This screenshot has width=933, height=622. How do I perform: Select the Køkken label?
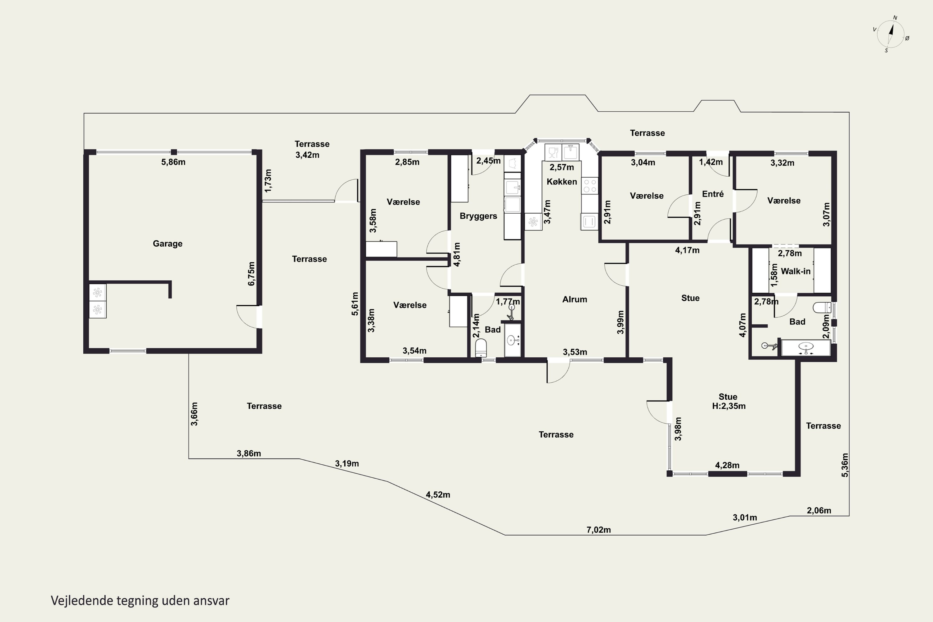[x=562, y=182]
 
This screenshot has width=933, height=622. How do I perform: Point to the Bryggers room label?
[x=478, y=216]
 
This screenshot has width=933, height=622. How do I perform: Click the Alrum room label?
[x=575, y=299]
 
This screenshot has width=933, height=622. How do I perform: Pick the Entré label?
[x=713, y=194]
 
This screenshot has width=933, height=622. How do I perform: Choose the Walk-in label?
[x=796, y=271]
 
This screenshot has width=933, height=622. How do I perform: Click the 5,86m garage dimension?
[x=173, y=162]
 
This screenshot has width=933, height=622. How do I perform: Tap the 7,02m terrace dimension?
[x=599, y=530]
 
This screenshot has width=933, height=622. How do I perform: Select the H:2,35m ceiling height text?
[x=729, y=406]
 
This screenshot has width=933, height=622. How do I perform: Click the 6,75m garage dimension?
[x=252, y=273]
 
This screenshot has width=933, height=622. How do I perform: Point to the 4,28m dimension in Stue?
[x=727, y=465]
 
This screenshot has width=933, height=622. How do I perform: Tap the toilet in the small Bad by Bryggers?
[x=481, y=348]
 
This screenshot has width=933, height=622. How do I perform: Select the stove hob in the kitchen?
[x=589, y=185]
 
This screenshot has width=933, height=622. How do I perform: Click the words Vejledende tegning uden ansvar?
[x=140, y=601]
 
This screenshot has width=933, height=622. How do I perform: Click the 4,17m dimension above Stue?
[x=687, y=250]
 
